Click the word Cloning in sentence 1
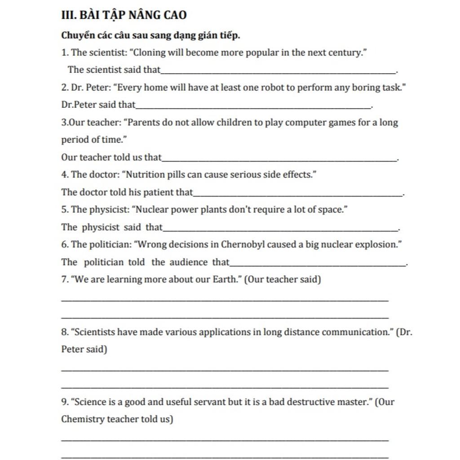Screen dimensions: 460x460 click(x=150, y=53)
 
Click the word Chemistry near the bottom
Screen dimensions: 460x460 click(x=82, y=419)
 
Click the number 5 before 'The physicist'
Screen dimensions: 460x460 click(x=64, y=210)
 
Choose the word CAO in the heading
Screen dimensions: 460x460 click(x=175, y=15)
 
